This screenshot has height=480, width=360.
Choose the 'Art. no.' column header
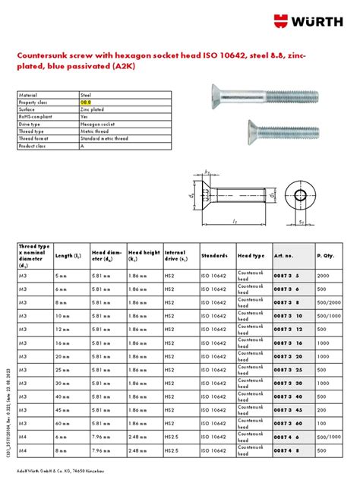284,256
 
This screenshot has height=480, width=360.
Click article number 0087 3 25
287,369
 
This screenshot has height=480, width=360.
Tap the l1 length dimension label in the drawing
237,220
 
